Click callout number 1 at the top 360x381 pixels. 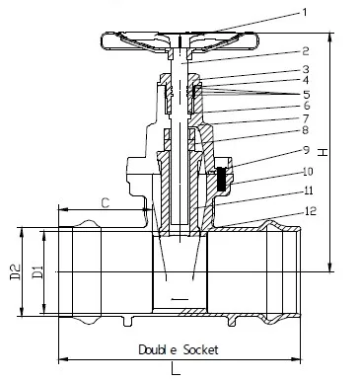click(x=305, y=13)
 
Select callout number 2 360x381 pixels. click(x=306, y=51)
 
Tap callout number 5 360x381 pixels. click(x=307, y=95)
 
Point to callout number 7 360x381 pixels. click(x=306, y=118)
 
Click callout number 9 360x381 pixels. click(x=306, y=150)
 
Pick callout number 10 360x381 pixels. click(x=308, y=171)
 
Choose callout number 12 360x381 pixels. click(x=311, y=210)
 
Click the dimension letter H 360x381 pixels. click(x=324, y=152)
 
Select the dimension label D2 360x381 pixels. click(x=16, y=271)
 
